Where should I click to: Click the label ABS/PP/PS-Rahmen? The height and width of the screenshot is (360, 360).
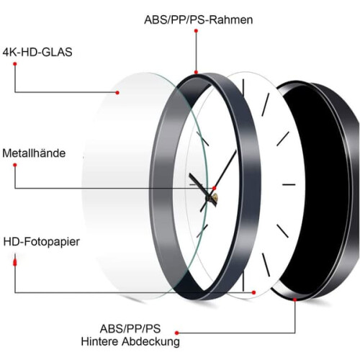199,19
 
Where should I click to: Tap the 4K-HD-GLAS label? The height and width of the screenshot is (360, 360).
37,52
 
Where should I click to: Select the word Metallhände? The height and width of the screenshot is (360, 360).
34,153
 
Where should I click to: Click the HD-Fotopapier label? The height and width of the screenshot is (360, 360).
42,242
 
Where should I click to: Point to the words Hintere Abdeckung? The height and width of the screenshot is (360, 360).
130,341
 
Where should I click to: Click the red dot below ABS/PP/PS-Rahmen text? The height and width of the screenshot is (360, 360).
196,31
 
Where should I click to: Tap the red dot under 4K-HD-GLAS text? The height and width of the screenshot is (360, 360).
15,64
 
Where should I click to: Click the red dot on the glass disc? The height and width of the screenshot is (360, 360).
117,92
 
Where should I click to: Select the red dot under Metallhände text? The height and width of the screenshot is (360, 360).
15,165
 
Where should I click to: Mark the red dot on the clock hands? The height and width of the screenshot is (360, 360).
215,188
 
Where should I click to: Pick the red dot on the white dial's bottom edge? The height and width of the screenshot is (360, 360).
253,292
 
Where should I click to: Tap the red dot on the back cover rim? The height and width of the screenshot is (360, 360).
295,300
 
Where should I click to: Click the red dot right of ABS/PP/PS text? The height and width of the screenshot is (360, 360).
177,333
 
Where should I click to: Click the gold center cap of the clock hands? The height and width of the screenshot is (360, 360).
215,197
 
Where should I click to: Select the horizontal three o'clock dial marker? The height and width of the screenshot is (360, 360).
289,184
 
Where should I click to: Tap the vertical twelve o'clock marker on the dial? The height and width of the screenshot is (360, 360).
243,92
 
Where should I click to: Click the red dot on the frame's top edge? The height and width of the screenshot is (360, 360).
196,72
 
